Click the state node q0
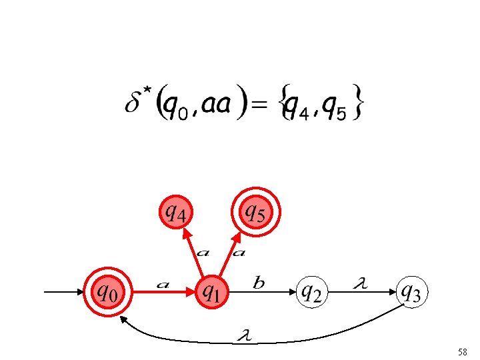coord(107,292)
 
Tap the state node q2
coord(312,292)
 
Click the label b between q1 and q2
coord(259,284)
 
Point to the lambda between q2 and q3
coord(361,284)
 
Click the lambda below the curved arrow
coord(245,333)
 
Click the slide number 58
coord(463,351)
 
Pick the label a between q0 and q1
coord(162,285)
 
